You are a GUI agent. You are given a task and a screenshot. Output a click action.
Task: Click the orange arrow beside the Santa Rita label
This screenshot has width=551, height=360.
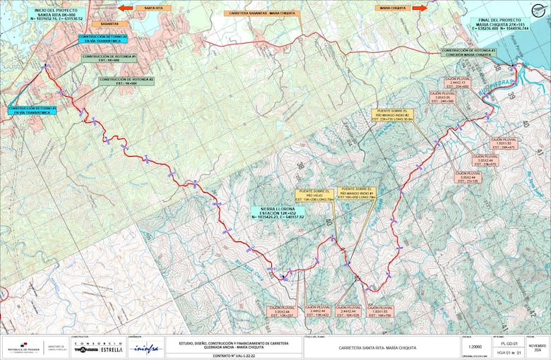point(125,8)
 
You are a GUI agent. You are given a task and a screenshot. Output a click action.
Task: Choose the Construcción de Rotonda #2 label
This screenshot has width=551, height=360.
point(126,81)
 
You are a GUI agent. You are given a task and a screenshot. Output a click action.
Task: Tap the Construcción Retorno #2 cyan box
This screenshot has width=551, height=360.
point(103,38)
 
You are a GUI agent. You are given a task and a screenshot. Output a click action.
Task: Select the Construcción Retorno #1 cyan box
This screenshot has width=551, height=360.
point(32,110)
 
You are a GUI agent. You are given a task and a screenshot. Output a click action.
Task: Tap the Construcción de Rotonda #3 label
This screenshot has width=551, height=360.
point(469,52)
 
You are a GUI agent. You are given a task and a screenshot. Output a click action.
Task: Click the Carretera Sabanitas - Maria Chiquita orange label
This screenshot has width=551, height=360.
point(261,13)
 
